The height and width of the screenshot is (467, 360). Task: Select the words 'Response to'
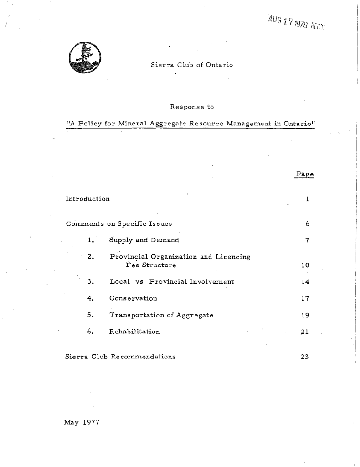pyautogui.click(x=191, y=107)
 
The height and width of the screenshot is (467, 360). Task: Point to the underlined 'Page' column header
pyautogui.click(x=305, y=175)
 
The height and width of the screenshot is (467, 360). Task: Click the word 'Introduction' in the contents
pyautogui.click(x=87, y=199)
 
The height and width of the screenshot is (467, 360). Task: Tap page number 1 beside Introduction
pyautogui.click(x=308, y=199)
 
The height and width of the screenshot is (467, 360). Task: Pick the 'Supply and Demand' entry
pyautogui.click(x=144, y=240)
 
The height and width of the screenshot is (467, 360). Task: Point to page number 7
pyautogui.click(x=308, y=240)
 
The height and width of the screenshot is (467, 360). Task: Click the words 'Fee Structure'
pyautogui.click(x=148, y=265)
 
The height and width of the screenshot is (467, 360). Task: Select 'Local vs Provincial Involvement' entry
pyautogui.click(x=172, y=282)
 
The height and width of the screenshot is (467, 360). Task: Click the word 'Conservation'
pyautogui.click(x=134, y=298)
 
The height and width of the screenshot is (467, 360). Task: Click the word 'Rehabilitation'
pyautogui.click(x=135, y=332)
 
